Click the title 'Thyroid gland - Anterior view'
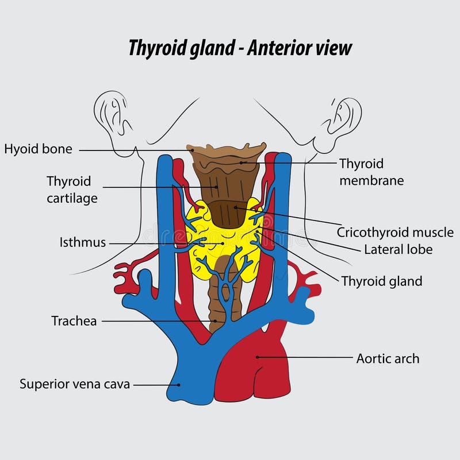coord(240,48)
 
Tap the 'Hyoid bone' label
coord(38,149)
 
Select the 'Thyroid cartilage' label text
coord(72,190)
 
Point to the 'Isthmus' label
coord(83,242)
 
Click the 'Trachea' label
coord(74,321)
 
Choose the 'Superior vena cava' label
coord(75,384)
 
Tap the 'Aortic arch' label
coord(388,359)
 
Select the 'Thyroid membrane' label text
coord(371,172)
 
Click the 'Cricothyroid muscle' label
coord(395,233)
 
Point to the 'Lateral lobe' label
coord(398,250)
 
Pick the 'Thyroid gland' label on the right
coord(382,281)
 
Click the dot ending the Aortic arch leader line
coord(258,357)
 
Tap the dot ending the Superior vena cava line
coord(179,385)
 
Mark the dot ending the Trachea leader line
coord(215,321)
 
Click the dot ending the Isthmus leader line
coord(223,243)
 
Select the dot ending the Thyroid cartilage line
coord(217,187)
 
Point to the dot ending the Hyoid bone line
coord(193,150)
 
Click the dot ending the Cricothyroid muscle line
coord(235,207)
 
